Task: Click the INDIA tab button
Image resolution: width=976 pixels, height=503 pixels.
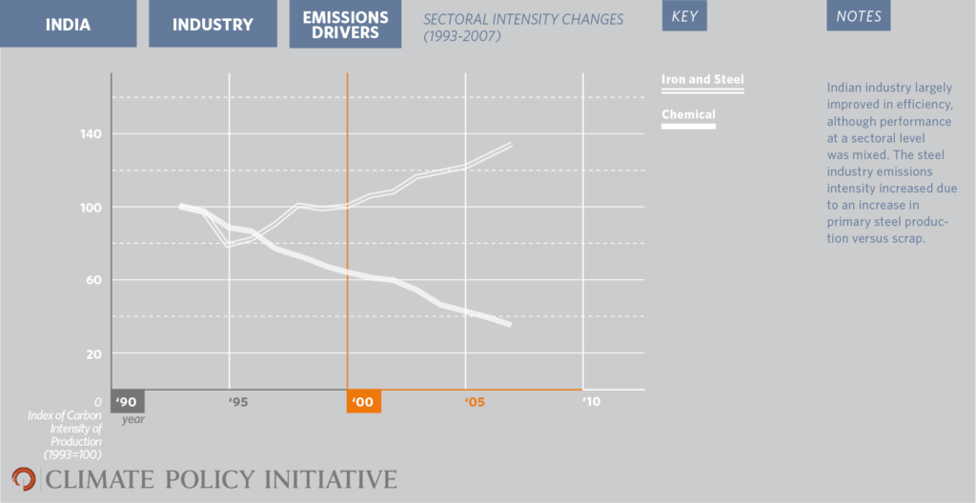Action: [68, 25]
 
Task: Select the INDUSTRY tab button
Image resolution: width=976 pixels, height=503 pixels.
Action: [213, 25]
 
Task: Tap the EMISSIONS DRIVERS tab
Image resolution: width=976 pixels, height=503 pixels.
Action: [345, 25]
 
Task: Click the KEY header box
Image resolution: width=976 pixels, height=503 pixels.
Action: [684, 16]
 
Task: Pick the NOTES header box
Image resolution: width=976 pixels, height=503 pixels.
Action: [858, 16]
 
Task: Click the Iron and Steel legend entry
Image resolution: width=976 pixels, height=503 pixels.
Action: [702, 80]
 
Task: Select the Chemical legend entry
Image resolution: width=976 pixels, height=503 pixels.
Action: [688, 115]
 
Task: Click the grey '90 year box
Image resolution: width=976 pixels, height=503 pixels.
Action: [128, 401]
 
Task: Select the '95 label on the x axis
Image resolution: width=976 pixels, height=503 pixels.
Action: [238, 402]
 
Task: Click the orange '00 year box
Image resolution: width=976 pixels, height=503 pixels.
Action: [363, 401]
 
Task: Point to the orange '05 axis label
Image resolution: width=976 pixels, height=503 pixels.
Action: [475, 402]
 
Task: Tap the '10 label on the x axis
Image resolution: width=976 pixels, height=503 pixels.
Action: [591, 402]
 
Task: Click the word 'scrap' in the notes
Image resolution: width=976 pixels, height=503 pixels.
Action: [907, 238]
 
